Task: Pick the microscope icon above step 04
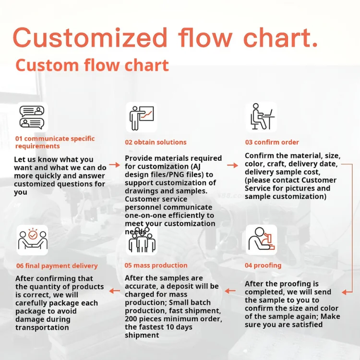pyautogui.click(x=262, y=240)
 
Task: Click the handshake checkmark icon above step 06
pyautogui.click(x=32, y=240)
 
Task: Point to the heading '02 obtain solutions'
pyautogui.click(x=156, y=142)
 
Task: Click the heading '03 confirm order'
pyautogui.click(x=272, y=142)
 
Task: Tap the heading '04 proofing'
pyautogui.click(x=263, y=265)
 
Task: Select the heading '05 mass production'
pyautogui.click(x=156, y=265)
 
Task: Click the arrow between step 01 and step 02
pyautogui.click(x=114, y=165)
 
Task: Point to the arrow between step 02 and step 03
pyautogui.click(x=232, y=165)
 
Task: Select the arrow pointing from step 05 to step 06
pyautogui.click(x=114, y=291)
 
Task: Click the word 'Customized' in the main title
pyautogui.click(x=90, y=37)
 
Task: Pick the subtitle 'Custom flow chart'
pyautogui.click(x=92, y=65)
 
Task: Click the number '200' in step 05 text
pyautogui.click(x=132, y=319)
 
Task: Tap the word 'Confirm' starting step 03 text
pyautogui.click(x=259, y=156)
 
